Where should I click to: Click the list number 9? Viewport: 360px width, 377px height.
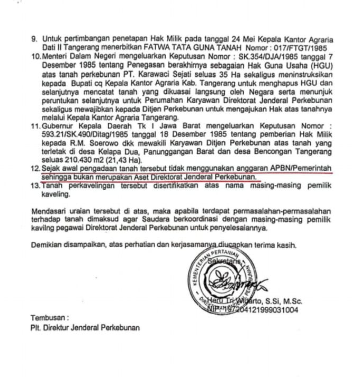(34, 39)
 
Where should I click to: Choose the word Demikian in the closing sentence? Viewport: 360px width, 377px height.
(49, 245)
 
